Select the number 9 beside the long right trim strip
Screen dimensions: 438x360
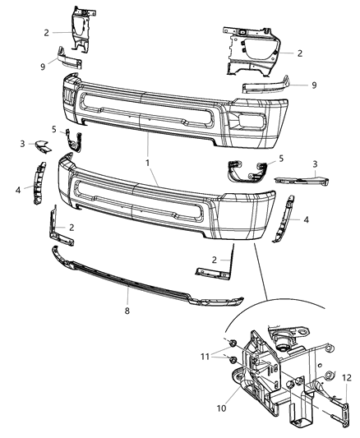pyautogui.click(x=312, y=84)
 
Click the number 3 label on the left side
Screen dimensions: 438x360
pyautogui.click(x=22, y=144)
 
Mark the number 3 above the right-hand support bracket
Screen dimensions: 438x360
pyautogui.click(x=315, y=164)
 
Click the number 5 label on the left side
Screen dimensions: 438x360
pyautogui.click(x=54, y=129)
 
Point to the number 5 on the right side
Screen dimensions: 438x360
pyautogui.click(x=280, y=159)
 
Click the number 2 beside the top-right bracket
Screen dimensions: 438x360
pyautogui.click(x=299, y=53)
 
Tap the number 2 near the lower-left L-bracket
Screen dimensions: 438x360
pyautogui.click(x=73, y=227)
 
